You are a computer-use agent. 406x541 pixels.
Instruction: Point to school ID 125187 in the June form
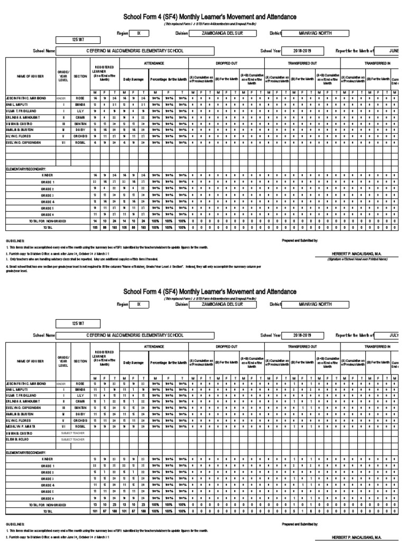coord(78,40)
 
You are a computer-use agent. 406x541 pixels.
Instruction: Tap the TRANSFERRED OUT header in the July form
coord(301,346)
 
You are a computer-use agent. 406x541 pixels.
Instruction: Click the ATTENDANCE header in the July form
coord(154,346)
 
